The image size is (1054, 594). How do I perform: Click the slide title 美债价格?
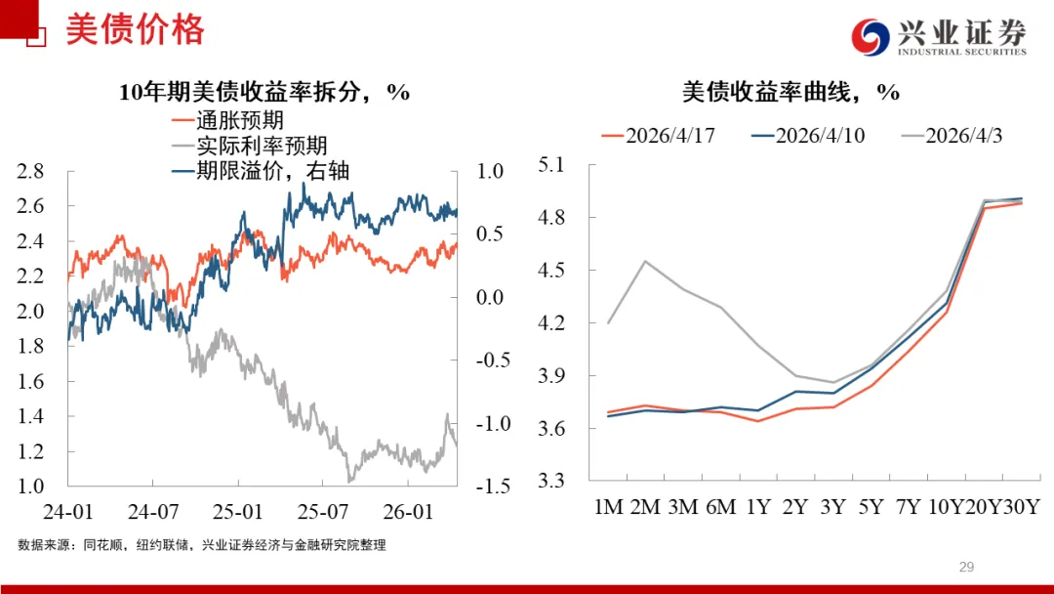click(x=135, y=30)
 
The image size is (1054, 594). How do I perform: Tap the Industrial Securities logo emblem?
click(x=871, y=38)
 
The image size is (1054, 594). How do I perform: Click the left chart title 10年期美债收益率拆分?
click(x=263, y=93)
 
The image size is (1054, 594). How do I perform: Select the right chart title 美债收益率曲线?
click(x=790, y=93)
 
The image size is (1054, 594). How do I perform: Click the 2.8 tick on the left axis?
click(x=31, y=172)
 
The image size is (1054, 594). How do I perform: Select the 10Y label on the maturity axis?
click(x=946, y=507)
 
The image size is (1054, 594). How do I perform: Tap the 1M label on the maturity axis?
click(x=609, y=507)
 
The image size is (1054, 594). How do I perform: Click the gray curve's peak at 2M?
click(x=645, y=261)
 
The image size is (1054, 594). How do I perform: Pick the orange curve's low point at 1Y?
click(x=757, y=421)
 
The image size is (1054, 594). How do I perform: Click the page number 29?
click(x=967, y=567)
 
